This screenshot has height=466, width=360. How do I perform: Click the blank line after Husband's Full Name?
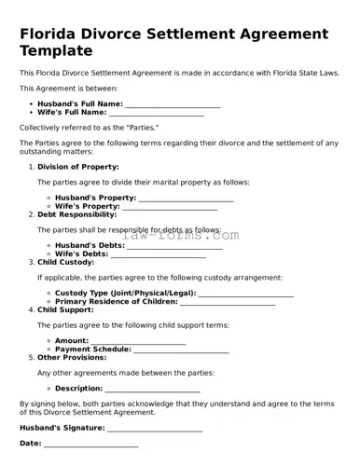173,104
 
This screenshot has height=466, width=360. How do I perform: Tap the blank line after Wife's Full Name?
157,114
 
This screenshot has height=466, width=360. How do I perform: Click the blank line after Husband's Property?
186,199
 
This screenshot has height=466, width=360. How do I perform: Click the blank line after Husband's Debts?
174,246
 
